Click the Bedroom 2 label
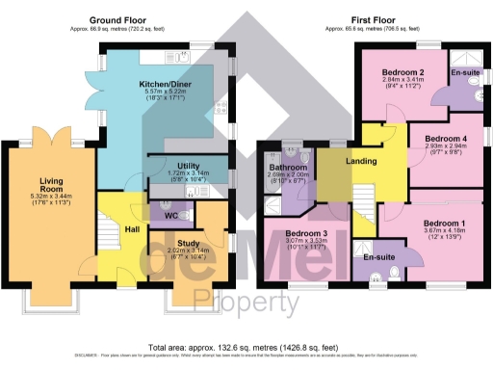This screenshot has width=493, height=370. pos(402,73)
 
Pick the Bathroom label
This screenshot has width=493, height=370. pos(289,167)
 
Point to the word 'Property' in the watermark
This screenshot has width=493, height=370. pos(245,304)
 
